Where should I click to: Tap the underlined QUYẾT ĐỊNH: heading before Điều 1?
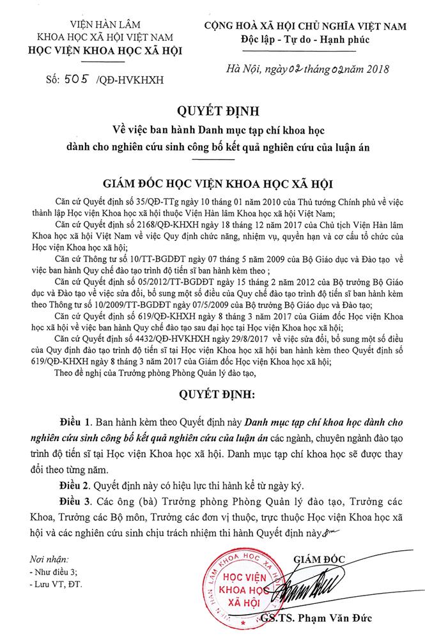212,391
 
